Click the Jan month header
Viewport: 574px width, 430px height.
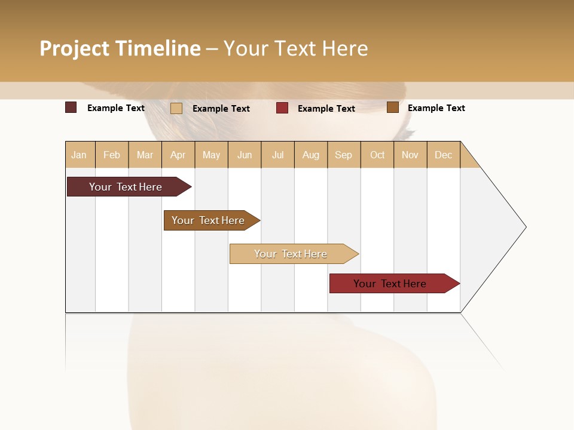coord(80,155)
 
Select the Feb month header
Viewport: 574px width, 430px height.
coord(112,155)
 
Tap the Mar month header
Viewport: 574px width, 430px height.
coord(145,155)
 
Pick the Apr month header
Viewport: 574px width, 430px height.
coord(178,155)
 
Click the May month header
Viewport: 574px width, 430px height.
coord(211,155)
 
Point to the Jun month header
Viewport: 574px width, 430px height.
coord(245,155)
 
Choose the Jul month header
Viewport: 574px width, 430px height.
coord(277,155)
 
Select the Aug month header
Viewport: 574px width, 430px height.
coord(311,155)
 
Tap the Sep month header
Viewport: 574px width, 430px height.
coord(344,155)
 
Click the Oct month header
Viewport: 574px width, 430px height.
coord(377,155)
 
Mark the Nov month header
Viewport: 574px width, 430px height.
coord(410,155)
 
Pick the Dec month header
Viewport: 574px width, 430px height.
coord(444,155)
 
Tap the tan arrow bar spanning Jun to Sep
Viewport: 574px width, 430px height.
coord(291,254)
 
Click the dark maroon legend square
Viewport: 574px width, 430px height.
coord(71,107)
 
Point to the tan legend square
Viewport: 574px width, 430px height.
coord(176,108)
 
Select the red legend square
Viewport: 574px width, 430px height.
coord(282,108)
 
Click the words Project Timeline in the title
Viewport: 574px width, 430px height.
coord(120,48)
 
